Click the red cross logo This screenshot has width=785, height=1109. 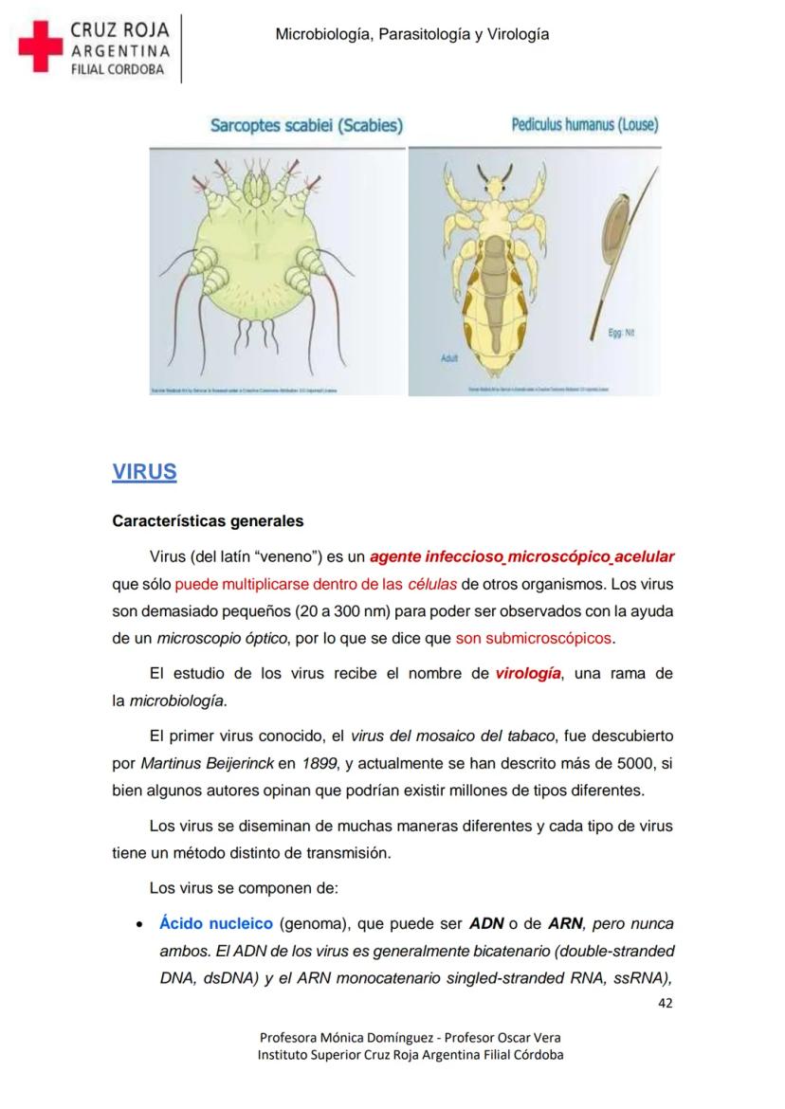tap(39, 46)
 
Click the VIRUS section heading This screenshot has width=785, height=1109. tap(144, 472)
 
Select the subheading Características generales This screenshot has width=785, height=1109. tap(208, 521)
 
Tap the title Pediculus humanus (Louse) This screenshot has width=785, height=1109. tap(585, 125)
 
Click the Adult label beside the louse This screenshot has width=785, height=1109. tap(449, 358)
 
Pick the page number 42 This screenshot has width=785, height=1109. tap(665, 1004)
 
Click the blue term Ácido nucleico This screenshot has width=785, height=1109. tap(216, 923)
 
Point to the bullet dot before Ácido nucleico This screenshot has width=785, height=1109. tap(139, 924)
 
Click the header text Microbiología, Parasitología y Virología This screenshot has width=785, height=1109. tap(411, 35)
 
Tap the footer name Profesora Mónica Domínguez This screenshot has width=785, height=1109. tap(337, 1037)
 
